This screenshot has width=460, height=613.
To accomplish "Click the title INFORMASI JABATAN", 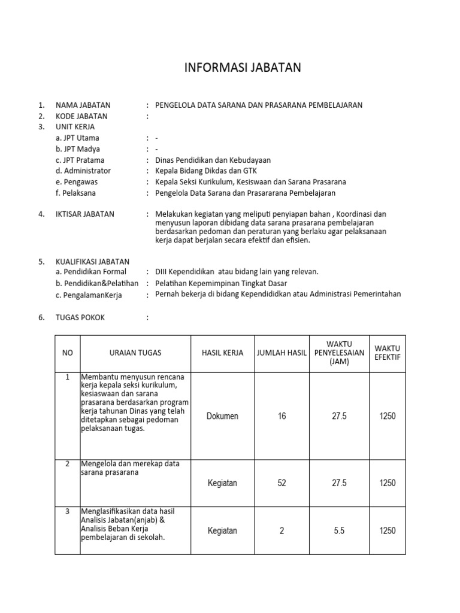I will (242, 68).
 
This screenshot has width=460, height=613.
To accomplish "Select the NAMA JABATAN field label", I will (83, 105).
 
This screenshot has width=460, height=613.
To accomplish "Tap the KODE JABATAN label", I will (81, 116).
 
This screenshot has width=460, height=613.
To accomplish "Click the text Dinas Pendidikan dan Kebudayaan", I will (213, 160).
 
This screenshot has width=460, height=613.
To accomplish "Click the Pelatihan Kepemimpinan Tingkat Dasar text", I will (221, 283).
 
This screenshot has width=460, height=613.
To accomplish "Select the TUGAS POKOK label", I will (80, 317).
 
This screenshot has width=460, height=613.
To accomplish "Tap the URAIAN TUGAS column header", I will (135, 353).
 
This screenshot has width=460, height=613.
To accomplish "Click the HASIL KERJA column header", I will (222, 353).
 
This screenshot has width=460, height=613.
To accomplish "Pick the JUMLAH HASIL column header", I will (282, 353).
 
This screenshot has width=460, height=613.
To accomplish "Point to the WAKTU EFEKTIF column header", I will (388, 353).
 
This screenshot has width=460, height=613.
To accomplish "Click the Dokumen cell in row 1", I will (222, 416).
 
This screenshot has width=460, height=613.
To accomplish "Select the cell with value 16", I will (282, 416).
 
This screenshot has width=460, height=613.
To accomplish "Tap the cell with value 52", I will (282, 483).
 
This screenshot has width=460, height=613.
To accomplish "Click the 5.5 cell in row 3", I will (339, 530).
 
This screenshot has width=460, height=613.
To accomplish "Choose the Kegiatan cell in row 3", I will (222, 530).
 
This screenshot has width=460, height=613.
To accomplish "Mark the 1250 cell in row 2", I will (388, 483).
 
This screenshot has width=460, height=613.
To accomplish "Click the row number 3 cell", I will (68, 511).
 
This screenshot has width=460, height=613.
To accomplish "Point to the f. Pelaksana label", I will (75, 193).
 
